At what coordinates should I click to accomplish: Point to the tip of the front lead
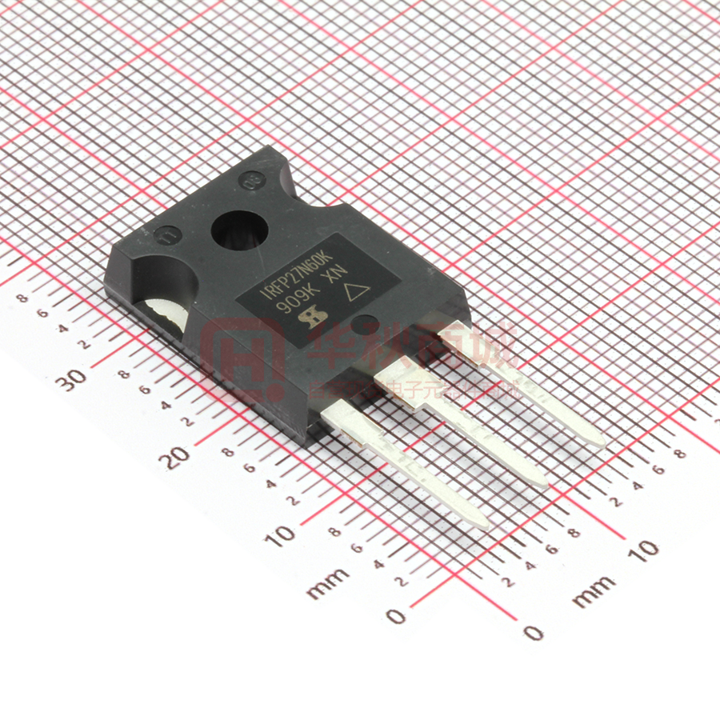pyautogui.click(x=482, y=524)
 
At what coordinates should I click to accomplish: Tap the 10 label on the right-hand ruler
pyautogui.click(x=643, y=549)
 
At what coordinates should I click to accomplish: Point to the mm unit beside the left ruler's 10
pyautogui.click(x=328, y=583)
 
